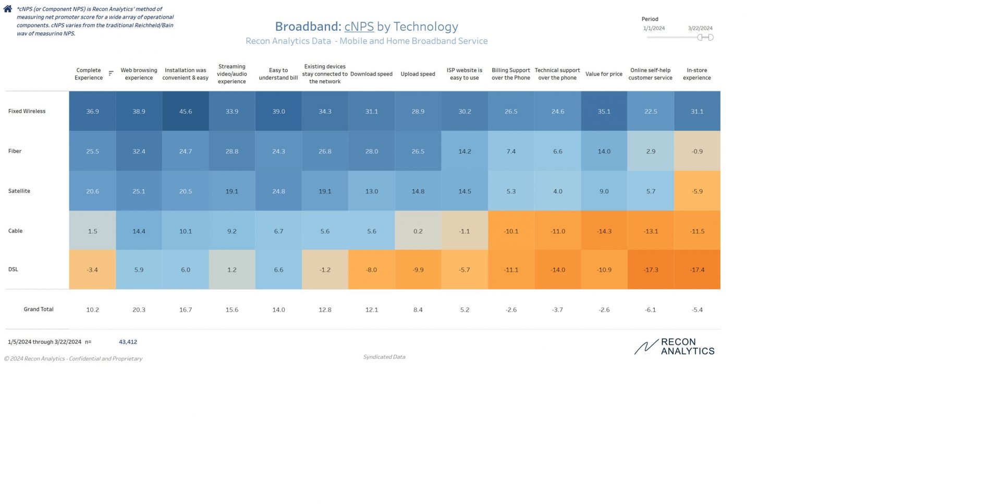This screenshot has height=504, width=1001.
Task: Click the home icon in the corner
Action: click(8, 9)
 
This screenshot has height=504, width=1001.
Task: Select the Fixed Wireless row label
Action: click(27, 111)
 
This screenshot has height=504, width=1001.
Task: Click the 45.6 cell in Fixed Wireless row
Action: click(186, 112)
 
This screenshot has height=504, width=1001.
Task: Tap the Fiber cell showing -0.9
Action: click(697, 151)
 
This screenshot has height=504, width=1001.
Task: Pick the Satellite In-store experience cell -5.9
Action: click(697, 191)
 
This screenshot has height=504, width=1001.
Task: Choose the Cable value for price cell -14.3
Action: click(604, 231)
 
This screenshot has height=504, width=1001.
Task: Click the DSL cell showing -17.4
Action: click(697, 270)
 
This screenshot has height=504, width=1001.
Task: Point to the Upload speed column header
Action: click(418, 74)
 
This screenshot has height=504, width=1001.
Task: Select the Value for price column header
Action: click(604, 74)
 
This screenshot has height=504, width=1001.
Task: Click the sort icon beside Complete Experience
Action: click(111, 73)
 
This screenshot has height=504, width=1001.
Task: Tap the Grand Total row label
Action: click(39, 309)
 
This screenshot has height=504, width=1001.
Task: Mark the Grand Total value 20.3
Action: click(139, 310)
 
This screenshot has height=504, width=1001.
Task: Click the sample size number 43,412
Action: click(128, 342)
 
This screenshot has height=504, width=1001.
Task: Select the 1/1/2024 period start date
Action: click(654, 28)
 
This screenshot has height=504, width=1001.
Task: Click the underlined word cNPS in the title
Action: click(359, 27)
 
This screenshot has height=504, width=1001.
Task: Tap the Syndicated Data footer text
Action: click(384, 357)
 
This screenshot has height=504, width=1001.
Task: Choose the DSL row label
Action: click(13, 269)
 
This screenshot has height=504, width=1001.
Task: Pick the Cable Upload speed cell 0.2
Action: click(418, 231)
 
